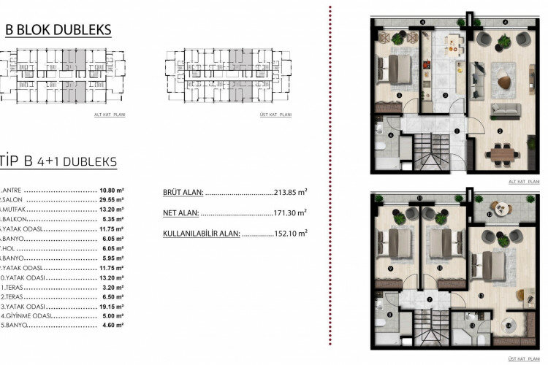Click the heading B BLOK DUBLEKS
[x=58, y=30]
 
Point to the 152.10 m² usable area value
[x=289, y=233]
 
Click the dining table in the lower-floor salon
[x=504, y=153]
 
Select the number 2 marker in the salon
[x=499, y=131]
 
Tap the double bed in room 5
[x=395, y=69]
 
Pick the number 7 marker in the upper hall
[x=430, y=299]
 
